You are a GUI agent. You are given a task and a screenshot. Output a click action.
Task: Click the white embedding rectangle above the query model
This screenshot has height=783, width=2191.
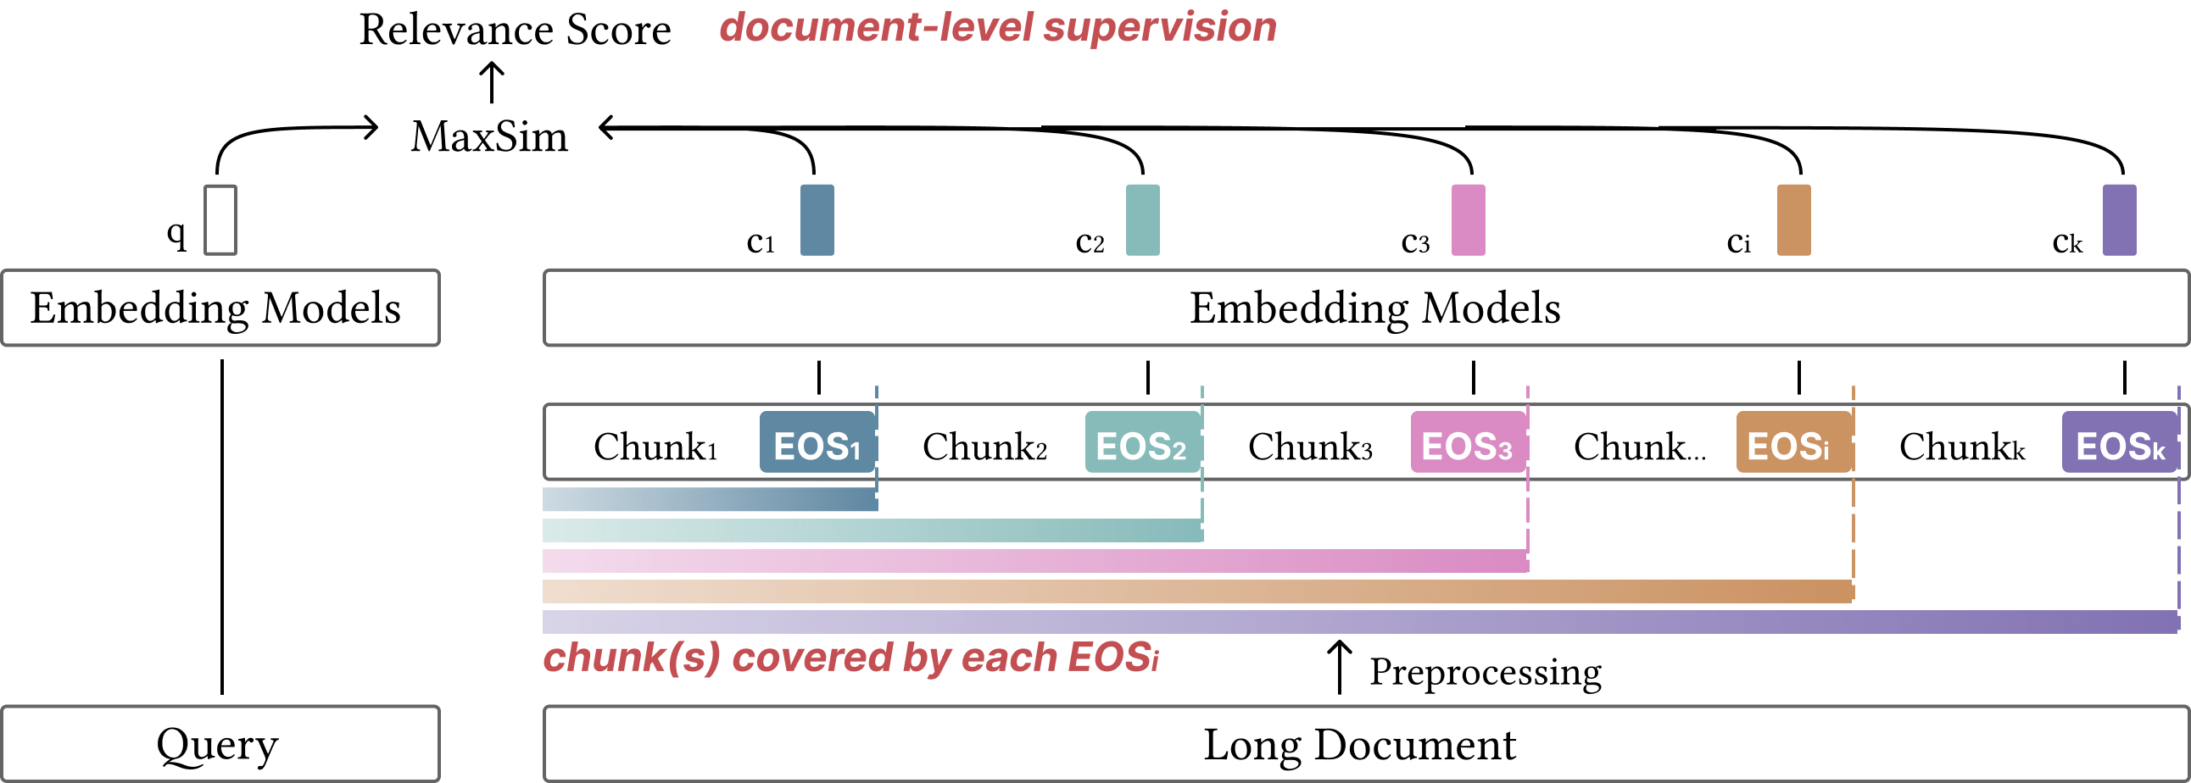(220, 219)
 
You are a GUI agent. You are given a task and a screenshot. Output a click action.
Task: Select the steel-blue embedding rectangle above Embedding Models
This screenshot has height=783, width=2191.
(817, 219)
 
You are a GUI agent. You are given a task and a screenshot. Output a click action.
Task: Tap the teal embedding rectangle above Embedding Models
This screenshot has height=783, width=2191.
(1142, 219)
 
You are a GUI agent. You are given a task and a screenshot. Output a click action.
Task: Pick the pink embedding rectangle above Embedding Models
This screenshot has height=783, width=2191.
(1468, 219)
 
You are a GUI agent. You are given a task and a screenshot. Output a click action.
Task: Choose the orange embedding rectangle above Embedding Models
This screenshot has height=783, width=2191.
(1794, 219)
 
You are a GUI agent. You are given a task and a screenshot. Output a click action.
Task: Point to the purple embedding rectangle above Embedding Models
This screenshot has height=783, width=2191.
(2119, 219)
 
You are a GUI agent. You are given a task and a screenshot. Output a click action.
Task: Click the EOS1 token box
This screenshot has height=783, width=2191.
(817, 443)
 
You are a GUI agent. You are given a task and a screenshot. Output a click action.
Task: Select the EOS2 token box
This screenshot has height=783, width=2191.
(1141, 443)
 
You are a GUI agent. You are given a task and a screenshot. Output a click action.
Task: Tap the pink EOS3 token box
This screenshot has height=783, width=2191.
(1467, 443)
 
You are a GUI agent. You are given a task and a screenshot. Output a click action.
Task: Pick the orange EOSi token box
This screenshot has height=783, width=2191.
(1793, 443)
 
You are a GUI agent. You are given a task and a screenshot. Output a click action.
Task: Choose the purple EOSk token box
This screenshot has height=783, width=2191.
(2119, 443)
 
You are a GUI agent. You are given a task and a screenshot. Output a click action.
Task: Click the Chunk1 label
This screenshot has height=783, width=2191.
(655, 447)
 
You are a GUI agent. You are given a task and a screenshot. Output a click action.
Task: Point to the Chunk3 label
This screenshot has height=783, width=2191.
(1310, 447)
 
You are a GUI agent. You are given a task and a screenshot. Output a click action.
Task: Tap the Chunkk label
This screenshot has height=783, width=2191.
(1962, 447)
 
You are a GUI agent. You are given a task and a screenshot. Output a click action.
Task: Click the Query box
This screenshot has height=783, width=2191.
(220, 744)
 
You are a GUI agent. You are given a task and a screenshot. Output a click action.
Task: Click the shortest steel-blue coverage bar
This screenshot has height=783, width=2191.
(711, 499)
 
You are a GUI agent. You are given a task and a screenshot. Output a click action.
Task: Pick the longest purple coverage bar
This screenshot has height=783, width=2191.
(1361, 621)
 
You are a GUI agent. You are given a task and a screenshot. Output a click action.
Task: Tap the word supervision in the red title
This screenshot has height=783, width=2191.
(1160, 27)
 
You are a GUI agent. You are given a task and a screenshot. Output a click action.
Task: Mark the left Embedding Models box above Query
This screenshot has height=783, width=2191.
(220, 308)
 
